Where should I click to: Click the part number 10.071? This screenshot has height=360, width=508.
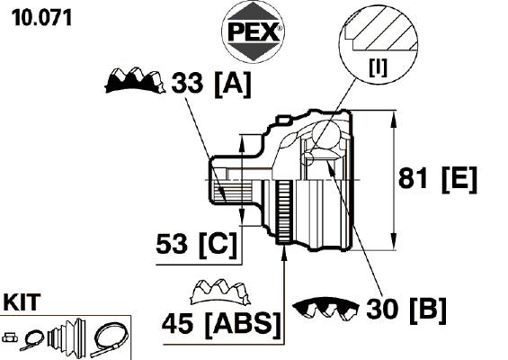click(41, 17)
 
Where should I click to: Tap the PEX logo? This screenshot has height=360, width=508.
click(253, 32)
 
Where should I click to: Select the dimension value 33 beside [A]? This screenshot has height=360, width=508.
click(187, 83)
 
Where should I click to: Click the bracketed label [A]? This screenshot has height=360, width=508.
click(232, 84)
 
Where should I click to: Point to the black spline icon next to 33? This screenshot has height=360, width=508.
click(135, 81)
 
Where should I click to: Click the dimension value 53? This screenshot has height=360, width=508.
click(172, 244)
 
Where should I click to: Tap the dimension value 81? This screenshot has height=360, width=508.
click(413, 178)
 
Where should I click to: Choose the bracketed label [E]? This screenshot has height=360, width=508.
click(459, 180)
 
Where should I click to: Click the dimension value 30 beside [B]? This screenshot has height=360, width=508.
click(381, 309)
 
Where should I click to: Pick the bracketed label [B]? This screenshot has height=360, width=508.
click(428, 310)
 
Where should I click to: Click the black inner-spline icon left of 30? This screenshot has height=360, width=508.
click(325, 308)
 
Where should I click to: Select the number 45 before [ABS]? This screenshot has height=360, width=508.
click(177, 324)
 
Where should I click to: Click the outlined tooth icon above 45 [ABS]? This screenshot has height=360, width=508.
click(220, 292)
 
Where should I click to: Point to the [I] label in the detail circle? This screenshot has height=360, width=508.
click(378, 67)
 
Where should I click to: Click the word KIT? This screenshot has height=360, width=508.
click(22, 302)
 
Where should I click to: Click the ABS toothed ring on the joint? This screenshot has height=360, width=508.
click(284, 212)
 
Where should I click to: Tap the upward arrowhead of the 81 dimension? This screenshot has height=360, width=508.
click(394, 120)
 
